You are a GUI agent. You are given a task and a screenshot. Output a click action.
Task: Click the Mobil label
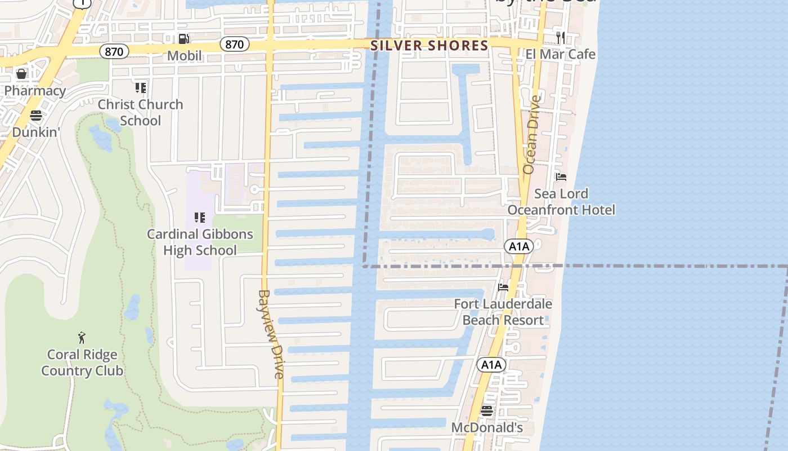(184, 55)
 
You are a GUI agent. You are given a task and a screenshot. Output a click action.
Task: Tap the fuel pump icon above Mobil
(183, 39)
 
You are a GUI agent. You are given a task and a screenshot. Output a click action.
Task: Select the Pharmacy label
(35, 90)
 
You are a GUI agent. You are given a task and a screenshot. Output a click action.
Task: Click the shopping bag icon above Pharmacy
(21, 74)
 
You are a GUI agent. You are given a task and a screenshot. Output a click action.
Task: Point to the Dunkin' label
(36, 132)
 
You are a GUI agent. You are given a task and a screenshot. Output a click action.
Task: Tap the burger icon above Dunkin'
(36, 116)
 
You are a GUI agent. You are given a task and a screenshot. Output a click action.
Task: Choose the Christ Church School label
(141, 112)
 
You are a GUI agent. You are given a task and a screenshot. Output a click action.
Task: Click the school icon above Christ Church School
(141, 88)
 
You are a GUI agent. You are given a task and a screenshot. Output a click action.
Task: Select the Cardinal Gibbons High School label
(200, 242)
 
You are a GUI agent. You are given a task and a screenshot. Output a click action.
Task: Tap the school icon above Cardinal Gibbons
(199, 217)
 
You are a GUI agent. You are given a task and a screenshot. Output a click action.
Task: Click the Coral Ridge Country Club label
(82, 362)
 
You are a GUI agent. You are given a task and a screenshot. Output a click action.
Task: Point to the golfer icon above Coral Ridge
(82, 338)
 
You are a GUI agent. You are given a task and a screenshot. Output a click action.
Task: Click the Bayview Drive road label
(271, 334)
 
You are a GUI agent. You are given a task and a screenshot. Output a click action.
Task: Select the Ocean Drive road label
(532, 134)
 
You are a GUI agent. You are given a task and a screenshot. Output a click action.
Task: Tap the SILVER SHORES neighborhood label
(429, 46)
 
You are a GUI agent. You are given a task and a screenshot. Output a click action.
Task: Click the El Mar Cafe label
(560, 54)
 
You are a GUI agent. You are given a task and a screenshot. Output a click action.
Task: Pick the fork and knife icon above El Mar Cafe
(560, 38)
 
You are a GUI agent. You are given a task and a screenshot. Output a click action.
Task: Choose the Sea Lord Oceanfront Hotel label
(561, 202)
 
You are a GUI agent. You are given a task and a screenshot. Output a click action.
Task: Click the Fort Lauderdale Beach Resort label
(503, 312)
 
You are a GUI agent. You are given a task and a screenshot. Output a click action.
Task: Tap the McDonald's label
(487, 428)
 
